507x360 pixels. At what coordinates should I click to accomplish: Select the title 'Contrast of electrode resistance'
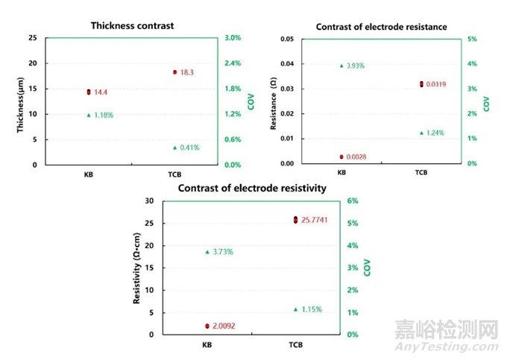click(x=381, y=27)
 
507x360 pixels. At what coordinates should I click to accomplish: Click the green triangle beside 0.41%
click(x=174, y=148)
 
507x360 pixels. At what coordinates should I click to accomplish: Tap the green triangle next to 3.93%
click(x=341, y=66)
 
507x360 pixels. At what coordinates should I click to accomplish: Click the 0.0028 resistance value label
click(x=360, y=157)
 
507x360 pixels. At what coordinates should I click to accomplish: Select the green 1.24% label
click(x=438, y=133)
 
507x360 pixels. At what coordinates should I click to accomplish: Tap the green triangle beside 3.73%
click(x=207, y=252)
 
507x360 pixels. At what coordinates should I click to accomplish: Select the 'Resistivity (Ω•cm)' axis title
click(x=137, y=267)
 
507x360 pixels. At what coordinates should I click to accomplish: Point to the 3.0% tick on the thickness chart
click(x=233, y=38)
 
